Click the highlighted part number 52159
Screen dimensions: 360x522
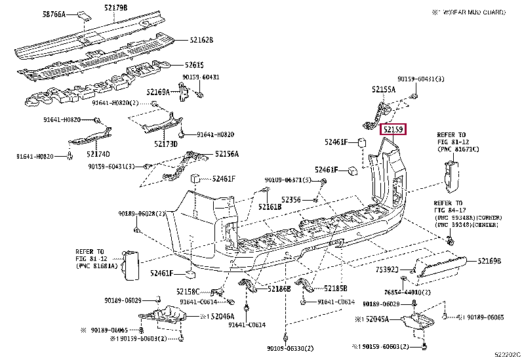coord(394,130)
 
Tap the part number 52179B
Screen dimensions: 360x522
coord(115,8)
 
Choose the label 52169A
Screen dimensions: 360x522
coord(158,92)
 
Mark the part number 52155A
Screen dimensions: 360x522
coord(384,89)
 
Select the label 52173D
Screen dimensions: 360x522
coord(167,144)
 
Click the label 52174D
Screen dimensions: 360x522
coord(98,153)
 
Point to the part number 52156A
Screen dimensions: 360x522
coord(226,154)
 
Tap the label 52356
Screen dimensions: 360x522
coord(291,199)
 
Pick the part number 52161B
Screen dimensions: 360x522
coord(270,207)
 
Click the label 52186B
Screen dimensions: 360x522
coord(279,289)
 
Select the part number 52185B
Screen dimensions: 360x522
coord(336,289)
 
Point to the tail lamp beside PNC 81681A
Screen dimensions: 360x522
coord(130,266)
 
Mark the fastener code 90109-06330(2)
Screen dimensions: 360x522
coord(291,348)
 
